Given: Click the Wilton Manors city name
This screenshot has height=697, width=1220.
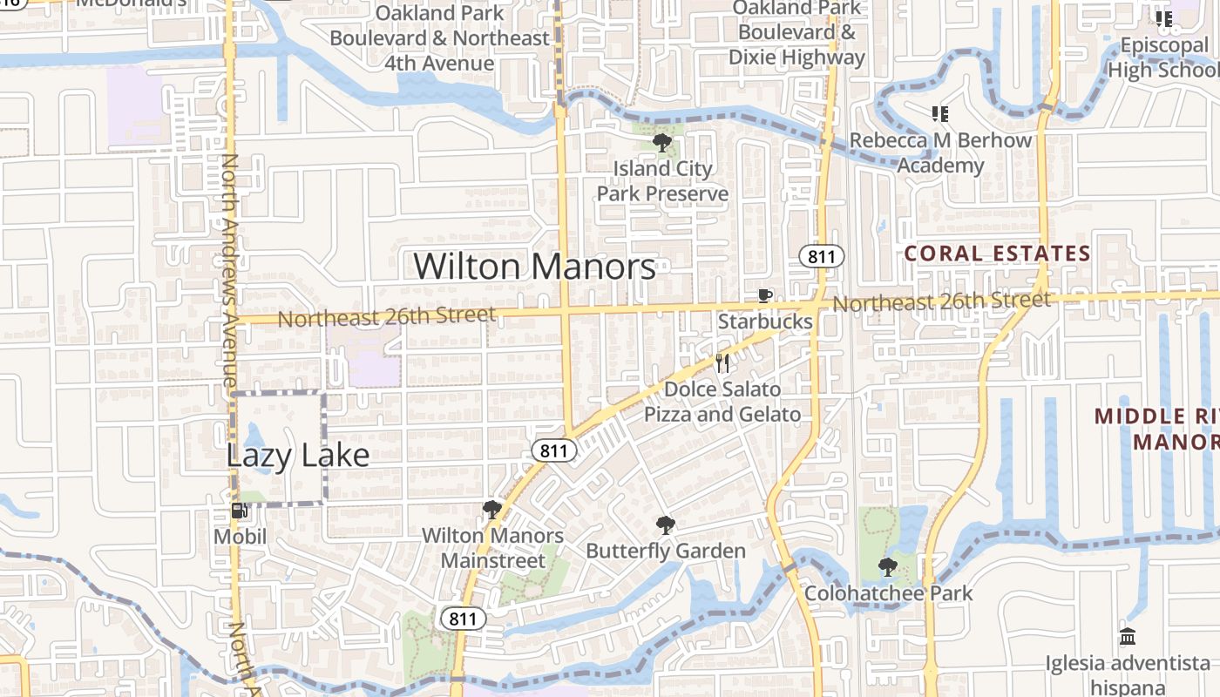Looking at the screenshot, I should point(534,267).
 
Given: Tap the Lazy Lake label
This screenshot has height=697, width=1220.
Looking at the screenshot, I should point(298,455).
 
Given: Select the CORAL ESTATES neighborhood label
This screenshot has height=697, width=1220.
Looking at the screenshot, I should point(997,254).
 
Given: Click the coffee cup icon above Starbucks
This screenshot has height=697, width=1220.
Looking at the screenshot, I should point(764,296).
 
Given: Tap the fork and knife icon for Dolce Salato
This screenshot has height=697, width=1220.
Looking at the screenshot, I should point(722,362).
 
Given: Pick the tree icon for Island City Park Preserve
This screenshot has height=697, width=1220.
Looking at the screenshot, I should point(661,143).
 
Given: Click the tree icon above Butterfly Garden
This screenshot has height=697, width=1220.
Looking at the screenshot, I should point(666,525).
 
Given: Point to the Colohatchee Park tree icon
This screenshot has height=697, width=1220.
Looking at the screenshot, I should point(887,568).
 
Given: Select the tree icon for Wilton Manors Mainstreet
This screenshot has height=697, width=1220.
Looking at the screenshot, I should point(492,510).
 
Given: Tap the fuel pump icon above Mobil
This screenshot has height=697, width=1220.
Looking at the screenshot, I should point(239,511).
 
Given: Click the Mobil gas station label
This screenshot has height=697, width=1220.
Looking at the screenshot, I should point(241,536).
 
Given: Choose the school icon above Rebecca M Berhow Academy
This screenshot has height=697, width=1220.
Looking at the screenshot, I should point(939,114).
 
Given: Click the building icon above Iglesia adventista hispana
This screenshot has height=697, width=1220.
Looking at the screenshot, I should point(1128,637).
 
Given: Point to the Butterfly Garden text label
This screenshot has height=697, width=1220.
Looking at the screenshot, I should point(666,551).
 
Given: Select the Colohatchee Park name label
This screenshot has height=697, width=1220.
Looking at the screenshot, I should point(888,593).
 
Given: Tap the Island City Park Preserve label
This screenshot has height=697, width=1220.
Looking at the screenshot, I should point(662,181).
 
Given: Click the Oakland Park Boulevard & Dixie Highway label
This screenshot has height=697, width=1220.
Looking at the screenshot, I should point(796,33).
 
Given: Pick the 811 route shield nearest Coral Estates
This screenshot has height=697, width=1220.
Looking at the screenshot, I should point(822,256).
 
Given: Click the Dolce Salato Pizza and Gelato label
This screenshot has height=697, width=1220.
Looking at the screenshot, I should point(722,402).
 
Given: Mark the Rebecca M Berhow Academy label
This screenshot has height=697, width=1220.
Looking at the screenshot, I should point(940,152).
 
